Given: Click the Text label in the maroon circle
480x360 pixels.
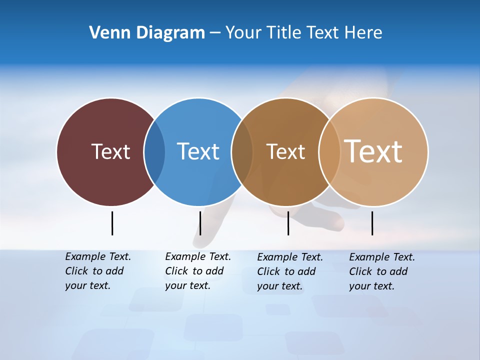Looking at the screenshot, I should point(110,151).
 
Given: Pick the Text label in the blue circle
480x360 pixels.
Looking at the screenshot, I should point(198,151).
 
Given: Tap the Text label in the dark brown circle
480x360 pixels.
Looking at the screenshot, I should point(285,151).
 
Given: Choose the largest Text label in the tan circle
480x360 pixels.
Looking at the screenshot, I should point(373,151).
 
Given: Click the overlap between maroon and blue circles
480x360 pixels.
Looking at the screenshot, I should point(154,152).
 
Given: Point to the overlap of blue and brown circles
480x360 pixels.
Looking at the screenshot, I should point(242,152).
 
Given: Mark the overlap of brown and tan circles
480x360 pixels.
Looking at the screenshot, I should point(329,152).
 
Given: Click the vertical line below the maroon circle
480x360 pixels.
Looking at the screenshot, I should point(112,223).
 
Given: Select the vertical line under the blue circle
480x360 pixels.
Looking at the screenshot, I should point(200,223).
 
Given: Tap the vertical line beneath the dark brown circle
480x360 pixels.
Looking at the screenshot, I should point(288,223).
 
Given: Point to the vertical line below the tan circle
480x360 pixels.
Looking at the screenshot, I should point(372,223).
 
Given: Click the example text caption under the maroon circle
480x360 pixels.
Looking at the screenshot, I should point(97,271).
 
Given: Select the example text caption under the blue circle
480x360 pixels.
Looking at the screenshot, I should point(197,271).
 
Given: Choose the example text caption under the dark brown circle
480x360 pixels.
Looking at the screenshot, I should point(289,271).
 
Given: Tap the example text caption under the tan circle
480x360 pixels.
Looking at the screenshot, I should point(381,271).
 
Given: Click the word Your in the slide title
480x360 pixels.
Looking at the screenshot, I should point(243,32).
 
